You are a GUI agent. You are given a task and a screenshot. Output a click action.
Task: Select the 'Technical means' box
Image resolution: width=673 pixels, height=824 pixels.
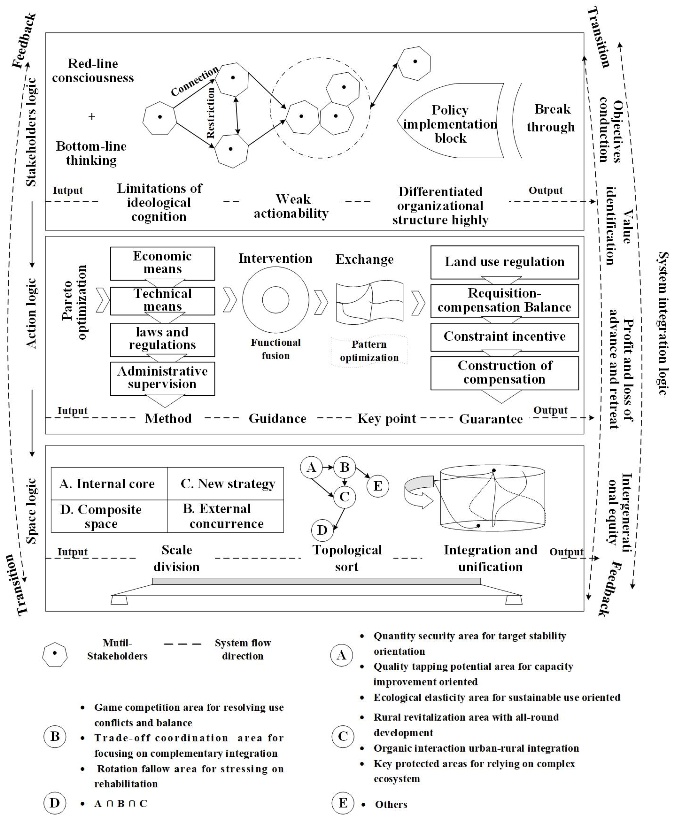[162, 301]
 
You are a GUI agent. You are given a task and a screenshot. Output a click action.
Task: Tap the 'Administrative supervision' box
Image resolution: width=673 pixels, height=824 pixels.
[162, 378]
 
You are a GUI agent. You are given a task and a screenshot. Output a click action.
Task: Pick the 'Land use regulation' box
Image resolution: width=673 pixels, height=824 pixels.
[504, 262]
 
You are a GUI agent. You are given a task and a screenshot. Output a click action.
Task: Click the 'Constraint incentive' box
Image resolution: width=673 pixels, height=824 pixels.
[504, 337]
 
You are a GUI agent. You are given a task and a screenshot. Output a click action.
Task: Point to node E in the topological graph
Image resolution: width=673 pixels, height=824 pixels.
[378, 486]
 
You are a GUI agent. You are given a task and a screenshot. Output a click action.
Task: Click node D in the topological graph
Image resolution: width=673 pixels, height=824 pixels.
[322, 530]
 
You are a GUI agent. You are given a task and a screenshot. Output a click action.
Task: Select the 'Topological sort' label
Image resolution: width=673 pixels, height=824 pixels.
[347, 558]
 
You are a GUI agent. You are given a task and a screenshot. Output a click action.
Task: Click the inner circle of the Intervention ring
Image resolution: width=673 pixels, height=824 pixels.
[276, 299]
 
